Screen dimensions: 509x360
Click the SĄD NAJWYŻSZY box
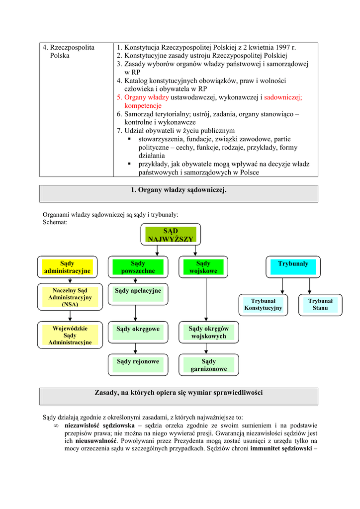pos(171,235)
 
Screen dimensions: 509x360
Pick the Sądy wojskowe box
pos(203,267)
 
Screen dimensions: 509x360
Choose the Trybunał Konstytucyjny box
pos(263,305)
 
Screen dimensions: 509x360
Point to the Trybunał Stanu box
pos(320,305)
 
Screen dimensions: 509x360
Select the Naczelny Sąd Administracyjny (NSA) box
pos(70,297)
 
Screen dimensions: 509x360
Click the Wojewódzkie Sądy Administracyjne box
pos(70,335)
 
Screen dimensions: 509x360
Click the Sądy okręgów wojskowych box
pos(208,332)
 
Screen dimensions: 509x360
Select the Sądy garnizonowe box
pos(208,365)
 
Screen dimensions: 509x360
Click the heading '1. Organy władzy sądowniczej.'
pos(179,190)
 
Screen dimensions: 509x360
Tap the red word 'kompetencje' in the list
pos(143,106)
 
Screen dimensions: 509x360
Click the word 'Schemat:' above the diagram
pos(55,222)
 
